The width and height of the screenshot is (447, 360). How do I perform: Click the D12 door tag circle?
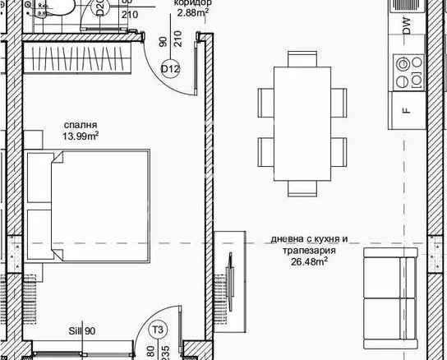(170, 69)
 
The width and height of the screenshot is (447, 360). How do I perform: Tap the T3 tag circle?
(159, 330)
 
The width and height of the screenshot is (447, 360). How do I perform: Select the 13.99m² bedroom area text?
(81, 136)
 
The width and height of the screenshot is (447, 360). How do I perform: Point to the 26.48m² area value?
(311, 262)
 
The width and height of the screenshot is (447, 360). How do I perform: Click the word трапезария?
(311, 251)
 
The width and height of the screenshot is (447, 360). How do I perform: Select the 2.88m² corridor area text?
(193, 13)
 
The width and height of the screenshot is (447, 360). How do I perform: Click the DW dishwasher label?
(406, 28)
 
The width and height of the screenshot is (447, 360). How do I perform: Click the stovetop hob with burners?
(406, 72)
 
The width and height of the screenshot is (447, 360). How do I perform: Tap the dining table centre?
(302, 123)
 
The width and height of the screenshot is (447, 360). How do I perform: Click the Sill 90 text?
(82, 330)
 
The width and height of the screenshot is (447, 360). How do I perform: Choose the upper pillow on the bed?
(39, 178)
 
